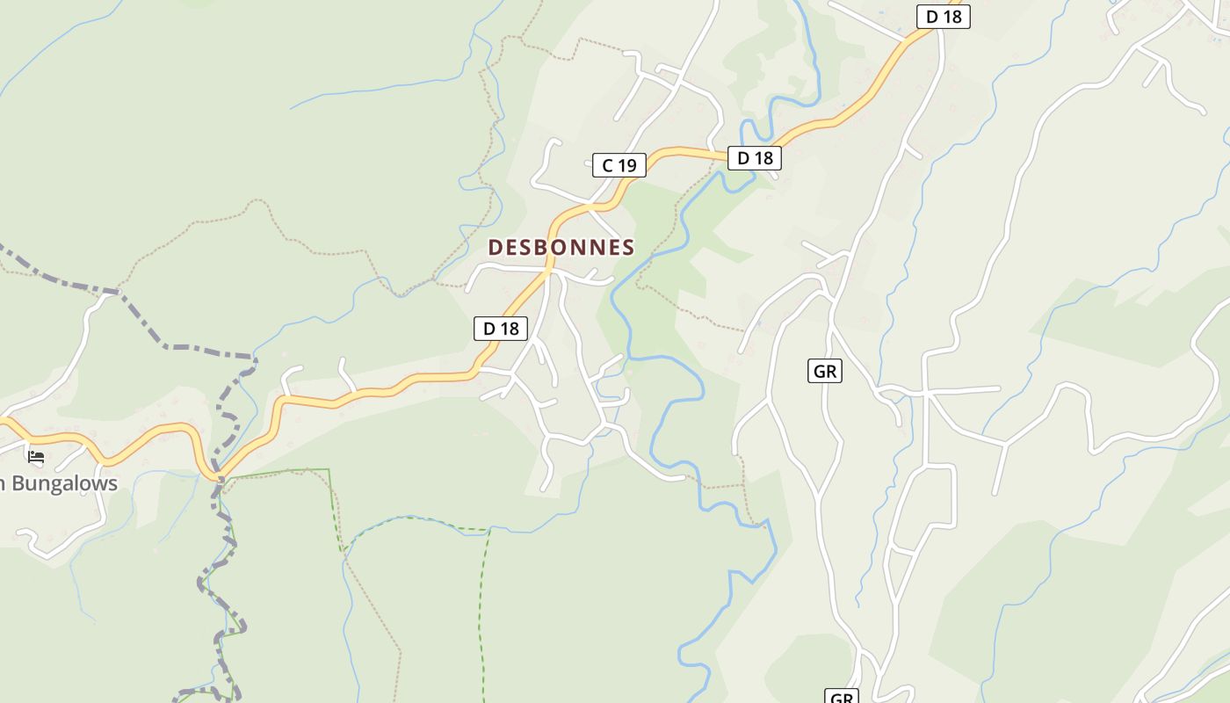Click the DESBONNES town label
pyautogui.click(x=561, y=248)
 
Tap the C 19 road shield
pyautogui.click(x=619, y=165)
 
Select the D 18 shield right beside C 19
pyautogui.click(x=754, y=158)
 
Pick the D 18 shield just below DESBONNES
pyautogui.click(x=501, y=329)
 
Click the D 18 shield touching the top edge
pyautogui.click(x=944, y=17)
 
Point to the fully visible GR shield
pyautogui.click(x=824, y=372)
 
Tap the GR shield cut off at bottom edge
pyautogui.click(x=842, y=697)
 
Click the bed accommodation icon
pyautogui.click(x=36, y=456)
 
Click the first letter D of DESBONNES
pyautogui.click(x=495, y=248)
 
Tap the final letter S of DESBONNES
pyautogui.click(x=628, y=248)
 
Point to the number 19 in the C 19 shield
pyautogui.click(x=627, y=165)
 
